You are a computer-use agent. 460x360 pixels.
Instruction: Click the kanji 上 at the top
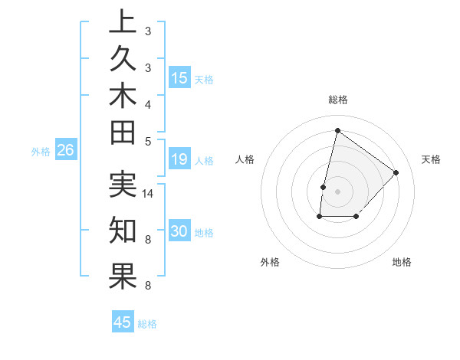pos(123,22)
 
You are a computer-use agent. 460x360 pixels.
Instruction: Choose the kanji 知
pos(123,230)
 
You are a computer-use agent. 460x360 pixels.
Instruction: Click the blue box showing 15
pos(179,78)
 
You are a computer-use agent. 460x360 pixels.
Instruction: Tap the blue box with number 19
pos(179,159)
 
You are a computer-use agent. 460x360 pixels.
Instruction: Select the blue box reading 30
pos(179,231)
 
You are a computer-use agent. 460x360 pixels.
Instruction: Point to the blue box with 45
pos(123,322)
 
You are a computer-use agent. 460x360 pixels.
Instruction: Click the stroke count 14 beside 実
pos(148,194)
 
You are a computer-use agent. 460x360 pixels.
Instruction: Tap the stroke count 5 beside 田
pos(147,140)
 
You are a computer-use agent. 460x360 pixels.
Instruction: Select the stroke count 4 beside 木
pos(147,103)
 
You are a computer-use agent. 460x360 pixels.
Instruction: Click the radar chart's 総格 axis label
pos(337,100)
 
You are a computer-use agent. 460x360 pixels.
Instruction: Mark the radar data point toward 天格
pos(396,172)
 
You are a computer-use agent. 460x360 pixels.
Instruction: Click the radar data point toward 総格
pos(337,130)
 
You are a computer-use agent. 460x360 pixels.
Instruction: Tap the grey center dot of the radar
pos(337,191)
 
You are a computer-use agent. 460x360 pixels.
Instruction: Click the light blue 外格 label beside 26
pos(41,152)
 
